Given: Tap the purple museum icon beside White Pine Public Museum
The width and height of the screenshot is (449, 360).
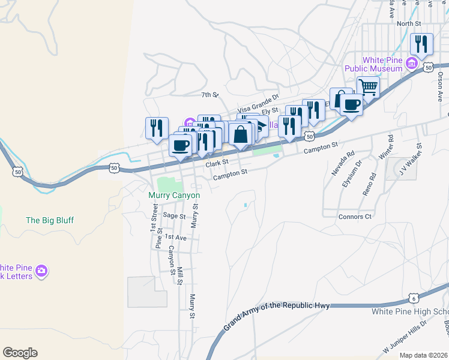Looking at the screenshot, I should point(412,63).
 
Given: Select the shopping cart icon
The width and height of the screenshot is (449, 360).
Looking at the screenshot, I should point(368,87).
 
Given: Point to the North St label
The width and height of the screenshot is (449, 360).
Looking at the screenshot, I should point(409,23).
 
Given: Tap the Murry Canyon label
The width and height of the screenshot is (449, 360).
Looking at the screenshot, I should point(174,196).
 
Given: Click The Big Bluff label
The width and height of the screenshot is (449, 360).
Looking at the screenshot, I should point(50,220).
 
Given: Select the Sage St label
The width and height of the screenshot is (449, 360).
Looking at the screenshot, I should point(174,215).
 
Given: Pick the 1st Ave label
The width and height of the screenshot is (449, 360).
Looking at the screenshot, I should point(175,238).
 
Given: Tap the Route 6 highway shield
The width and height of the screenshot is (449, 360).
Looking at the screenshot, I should point(413,298).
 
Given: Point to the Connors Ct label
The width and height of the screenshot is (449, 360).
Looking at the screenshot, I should point(355,216).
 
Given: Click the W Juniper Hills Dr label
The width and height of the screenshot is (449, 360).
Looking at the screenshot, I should point(405,340).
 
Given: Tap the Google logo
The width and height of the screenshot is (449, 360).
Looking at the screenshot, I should point(20,353).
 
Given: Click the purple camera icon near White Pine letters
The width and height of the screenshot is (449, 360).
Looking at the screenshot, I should point(41,271).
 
